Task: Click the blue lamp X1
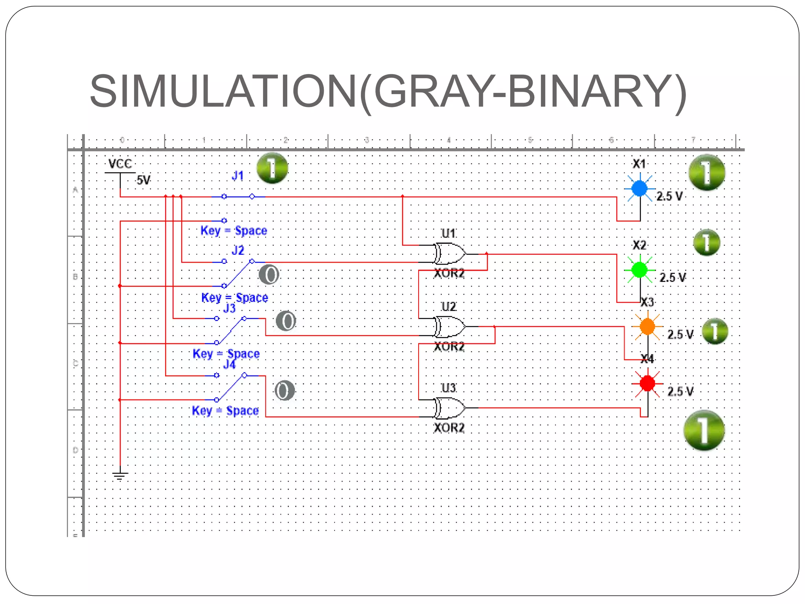640,188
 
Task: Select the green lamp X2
640,270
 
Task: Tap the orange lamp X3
647,326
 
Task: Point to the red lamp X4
647,383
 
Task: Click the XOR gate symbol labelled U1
449,254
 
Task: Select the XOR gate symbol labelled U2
449,326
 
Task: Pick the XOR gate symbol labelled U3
449,408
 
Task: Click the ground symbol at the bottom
120,476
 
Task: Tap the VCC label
120,164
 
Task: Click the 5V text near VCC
143,180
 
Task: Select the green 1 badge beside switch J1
272,168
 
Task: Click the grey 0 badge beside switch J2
269,274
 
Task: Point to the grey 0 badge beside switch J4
284,390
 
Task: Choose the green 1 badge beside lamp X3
715,331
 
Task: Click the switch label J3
229,308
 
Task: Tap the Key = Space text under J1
233,230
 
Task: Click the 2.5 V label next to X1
669,196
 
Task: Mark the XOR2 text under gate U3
449,427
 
